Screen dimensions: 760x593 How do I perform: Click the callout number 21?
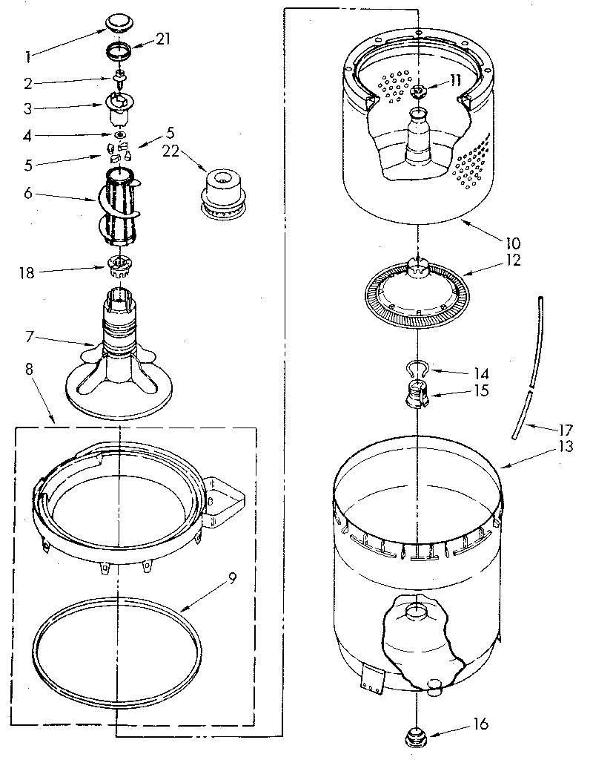(x=163, y=39)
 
